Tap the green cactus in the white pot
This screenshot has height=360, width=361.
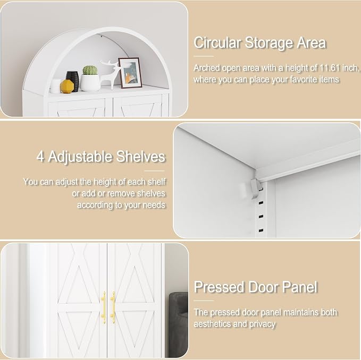(90, 70)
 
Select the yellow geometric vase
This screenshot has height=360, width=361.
(67, 87)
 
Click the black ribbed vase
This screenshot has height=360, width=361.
(73, 81)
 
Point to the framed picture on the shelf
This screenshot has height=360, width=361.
(130, 73)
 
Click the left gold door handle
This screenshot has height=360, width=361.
(104, 307)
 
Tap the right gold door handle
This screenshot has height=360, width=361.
(113, 307)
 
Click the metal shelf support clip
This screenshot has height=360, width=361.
(255, 188)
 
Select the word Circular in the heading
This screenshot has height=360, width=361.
(217, 43)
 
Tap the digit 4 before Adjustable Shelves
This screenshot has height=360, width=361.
(40, 157)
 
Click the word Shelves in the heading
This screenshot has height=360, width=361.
(141, 157)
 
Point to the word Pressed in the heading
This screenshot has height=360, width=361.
(219, 287)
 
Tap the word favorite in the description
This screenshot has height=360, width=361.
(303, 79)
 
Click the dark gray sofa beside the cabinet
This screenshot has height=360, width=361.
(179, 324)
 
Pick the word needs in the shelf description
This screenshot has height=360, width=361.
(154, 205)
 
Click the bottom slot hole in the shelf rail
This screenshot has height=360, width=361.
(261, 230)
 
